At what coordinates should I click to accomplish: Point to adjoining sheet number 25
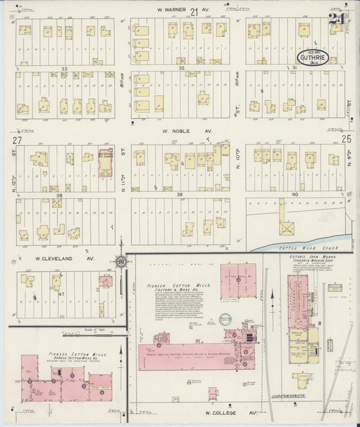click(347, 139)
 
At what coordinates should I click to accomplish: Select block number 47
click(62, 296)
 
